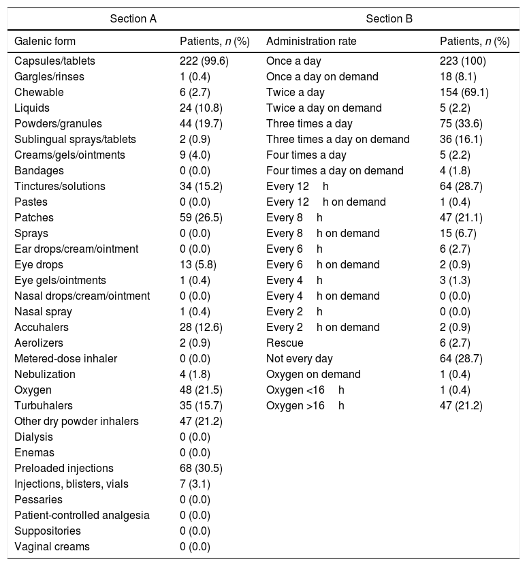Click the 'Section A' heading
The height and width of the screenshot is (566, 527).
[133, 18]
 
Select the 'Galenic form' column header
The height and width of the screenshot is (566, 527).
[45, 42]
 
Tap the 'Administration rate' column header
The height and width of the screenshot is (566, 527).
[311, 42]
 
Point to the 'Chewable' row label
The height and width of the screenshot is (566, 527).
[39, 92]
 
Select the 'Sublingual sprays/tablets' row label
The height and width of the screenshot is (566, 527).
[75, 139]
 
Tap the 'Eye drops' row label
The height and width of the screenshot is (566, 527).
[39, 265]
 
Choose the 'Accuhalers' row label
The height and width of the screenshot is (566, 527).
[41, 328]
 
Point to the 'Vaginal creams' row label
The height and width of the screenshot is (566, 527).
[52, 547]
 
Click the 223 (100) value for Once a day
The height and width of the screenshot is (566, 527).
[463, 61]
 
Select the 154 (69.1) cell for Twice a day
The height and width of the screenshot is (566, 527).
[464, 92]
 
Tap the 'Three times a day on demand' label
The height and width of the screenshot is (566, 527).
[338, 139]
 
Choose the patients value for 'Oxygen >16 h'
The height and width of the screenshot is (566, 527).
[462, 406]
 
